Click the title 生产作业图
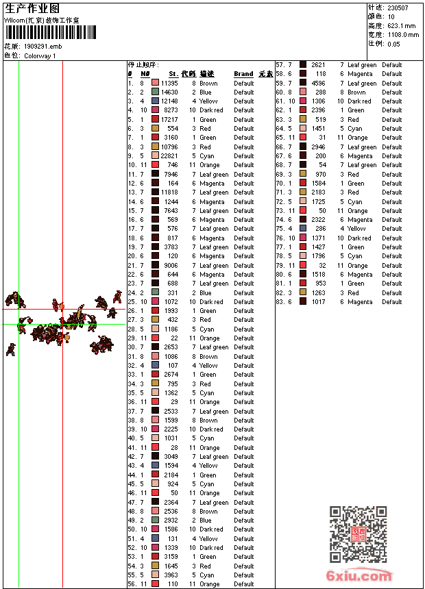click(32, 8)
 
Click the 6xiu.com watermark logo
click(360, 575)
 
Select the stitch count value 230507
click(398, 8)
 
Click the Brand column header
click(243, 74)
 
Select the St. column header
click(173, 74)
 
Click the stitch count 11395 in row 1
click(169, 83)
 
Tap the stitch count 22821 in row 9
click(169, 156)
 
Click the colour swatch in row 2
click(156, 92)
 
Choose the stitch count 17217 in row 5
click(169, 119)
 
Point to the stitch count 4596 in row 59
click(319, 83)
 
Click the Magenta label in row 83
click(360, 302)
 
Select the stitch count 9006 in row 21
click(171, 266)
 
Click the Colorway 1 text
click(40, 55)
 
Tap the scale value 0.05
click(393, 44)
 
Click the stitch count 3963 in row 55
click(171, 575)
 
